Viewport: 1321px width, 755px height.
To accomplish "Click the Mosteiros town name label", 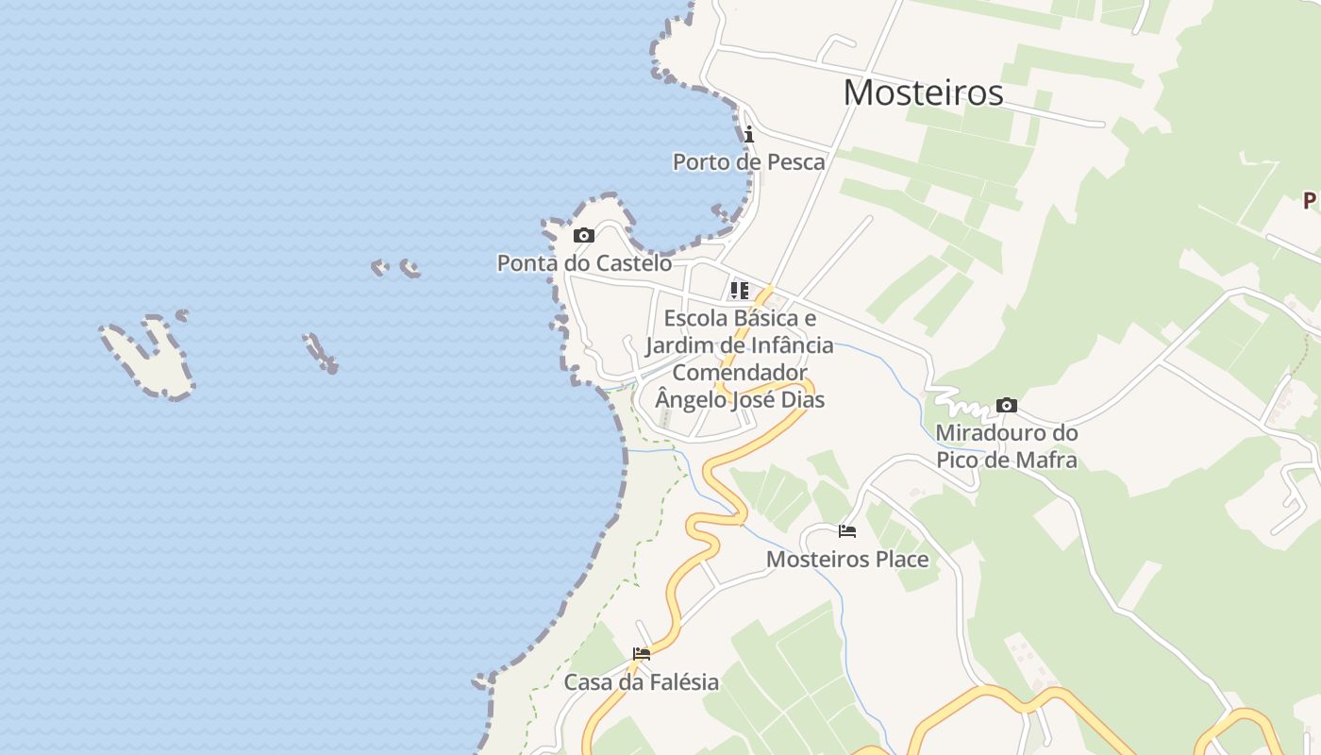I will [x=923, y=92].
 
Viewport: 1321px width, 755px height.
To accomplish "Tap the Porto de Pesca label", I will [x=748, y=162].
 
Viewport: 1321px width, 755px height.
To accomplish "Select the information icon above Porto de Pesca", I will [x=749, y=135].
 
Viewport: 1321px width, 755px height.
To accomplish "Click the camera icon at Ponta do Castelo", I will [x=584, y=235].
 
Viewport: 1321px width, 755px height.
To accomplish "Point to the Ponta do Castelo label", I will [x=584, y=263].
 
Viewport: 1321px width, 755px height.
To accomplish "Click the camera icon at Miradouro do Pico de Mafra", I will [x=1007, y=406].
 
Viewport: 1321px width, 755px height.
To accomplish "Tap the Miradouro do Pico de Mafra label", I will [x=1006, y=446].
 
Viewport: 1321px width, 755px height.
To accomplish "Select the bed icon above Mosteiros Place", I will [x=847, y=531].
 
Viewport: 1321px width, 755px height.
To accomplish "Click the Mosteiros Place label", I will [x=846, y=560].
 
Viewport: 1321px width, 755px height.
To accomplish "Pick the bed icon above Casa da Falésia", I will [x=642, y=653].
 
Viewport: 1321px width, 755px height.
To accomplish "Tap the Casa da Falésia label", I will [x=641, y=681].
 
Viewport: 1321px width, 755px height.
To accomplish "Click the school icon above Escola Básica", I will [x=739, y=290].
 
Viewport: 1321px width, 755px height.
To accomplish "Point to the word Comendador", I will [x=740, y=372].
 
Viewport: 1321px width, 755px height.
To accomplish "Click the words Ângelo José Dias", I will [x=740, y=399].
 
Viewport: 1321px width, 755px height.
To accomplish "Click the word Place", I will [x=902, y=560].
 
